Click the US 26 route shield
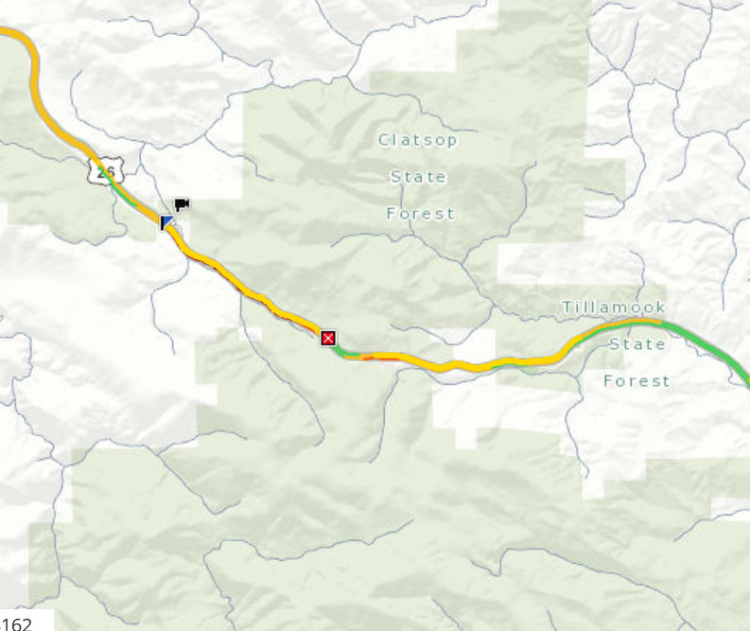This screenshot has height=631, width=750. [x=105, y=171]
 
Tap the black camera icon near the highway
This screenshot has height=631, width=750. [x=182, y=204]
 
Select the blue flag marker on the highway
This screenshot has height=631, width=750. [x=167, y=222]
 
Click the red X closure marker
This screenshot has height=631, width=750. [x=328, y=338]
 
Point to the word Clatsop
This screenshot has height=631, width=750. [x=418, y=141]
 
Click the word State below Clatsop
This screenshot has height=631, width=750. [x=418, y=177]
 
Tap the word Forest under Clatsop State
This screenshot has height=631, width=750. [x=420, y=214]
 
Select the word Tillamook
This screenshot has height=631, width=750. [x=614, y=307]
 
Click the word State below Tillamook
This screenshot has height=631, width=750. [x=637, y=344]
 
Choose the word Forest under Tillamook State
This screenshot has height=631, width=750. [x=637, y=381]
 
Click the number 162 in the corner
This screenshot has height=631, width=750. [x=16, y=622]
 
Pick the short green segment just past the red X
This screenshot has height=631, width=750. [x=348, y=354]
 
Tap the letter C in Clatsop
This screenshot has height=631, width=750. [x=384, y=141]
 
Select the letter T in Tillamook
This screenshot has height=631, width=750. [x=567, y=307]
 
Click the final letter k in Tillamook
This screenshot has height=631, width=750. [x=661, y=307]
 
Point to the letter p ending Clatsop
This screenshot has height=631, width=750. [x=452, y=142]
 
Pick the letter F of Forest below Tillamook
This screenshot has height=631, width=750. [x=609, y=381]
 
